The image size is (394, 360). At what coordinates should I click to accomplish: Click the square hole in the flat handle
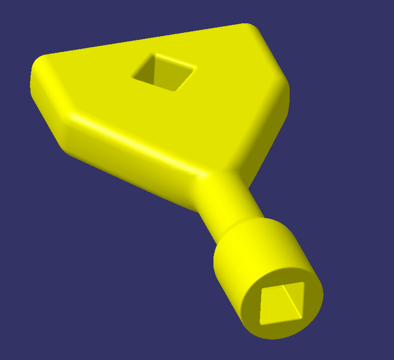(x=164, y=72)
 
